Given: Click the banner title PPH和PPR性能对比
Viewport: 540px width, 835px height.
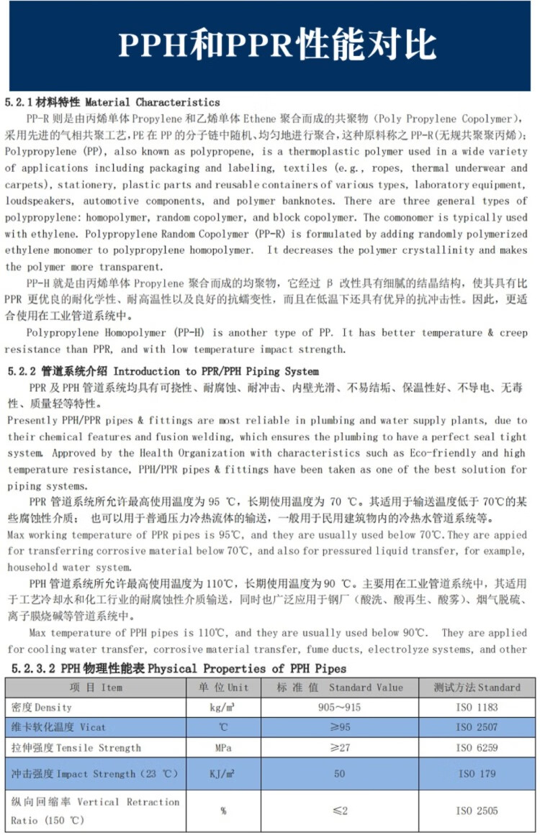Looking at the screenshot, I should (277, 45).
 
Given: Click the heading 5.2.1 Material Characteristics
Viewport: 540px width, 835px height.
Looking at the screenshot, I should (112, 102).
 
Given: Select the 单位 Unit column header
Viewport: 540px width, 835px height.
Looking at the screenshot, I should (223, 688).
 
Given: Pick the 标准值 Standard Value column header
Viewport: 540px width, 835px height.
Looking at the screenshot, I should (340, 688).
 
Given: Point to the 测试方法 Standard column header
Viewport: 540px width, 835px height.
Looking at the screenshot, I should (477, 688).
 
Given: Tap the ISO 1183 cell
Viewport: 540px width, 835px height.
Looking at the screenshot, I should (477, 708).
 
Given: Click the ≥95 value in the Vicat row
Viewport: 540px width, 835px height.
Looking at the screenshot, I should (340, 728).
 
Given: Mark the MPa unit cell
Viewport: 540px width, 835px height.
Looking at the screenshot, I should (223, 748).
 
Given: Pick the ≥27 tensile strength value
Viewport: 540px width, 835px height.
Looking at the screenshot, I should (340, 748).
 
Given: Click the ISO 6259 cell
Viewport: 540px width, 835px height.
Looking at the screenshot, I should (477, 748).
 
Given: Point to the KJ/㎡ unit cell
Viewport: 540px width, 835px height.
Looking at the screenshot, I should (223, 774).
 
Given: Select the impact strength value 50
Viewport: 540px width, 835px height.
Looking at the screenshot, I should (340, 774).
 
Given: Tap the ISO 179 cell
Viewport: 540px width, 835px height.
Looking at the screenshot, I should (477, 774).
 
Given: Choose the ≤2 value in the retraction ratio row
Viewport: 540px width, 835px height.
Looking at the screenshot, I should (340, 811).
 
